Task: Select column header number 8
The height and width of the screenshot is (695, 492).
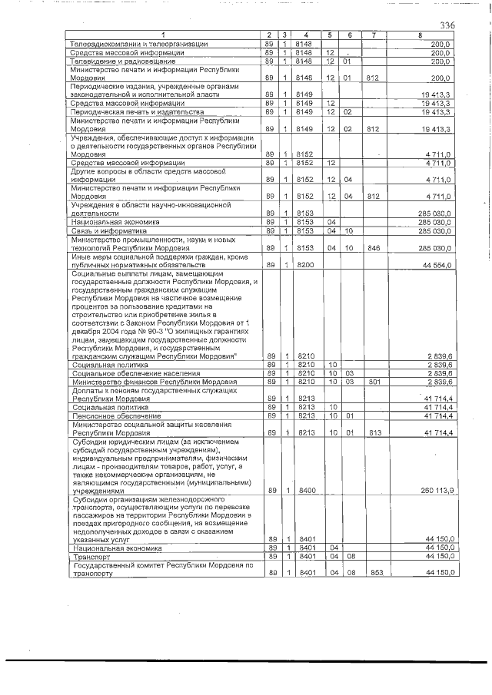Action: [x=420, y=37]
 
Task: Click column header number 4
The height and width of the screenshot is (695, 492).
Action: [x=306, y=37]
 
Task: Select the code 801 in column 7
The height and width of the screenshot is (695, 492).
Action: [x=374, y=381]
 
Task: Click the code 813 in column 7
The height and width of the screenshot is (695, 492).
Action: [x=374, y=433]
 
